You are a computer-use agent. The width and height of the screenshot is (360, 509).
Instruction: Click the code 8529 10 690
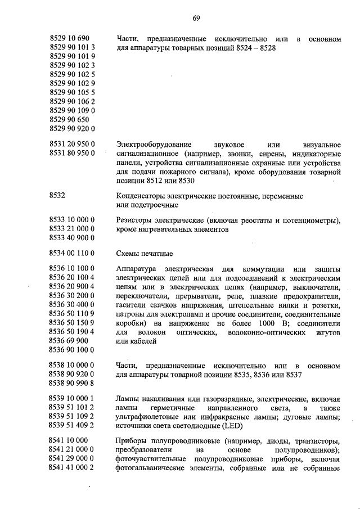click(x=69, y=38)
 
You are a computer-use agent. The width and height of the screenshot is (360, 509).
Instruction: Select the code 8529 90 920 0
click(x=72, y=129)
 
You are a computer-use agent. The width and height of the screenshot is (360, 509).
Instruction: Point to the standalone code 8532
click(x=57, y=195)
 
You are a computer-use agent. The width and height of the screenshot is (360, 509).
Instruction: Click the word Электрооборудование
click(x=154, y=143)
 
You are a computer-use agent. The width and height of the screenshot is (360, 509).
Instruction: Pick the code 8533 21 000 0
click(x=72, y=229)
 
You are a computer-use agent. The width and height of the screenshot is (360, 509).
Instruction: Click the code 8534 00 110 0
click(x=72, y=253)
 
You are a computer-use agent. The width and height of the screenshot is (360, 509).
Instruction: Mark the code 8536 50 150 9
click(x=72, y=322)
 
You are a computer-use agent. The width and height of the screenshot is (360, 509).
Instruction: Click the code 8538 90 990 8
click(x=72, y=383)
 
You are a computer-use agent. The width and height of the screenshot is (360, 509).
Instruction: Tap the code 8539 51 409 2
click(x=72, y=426)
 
